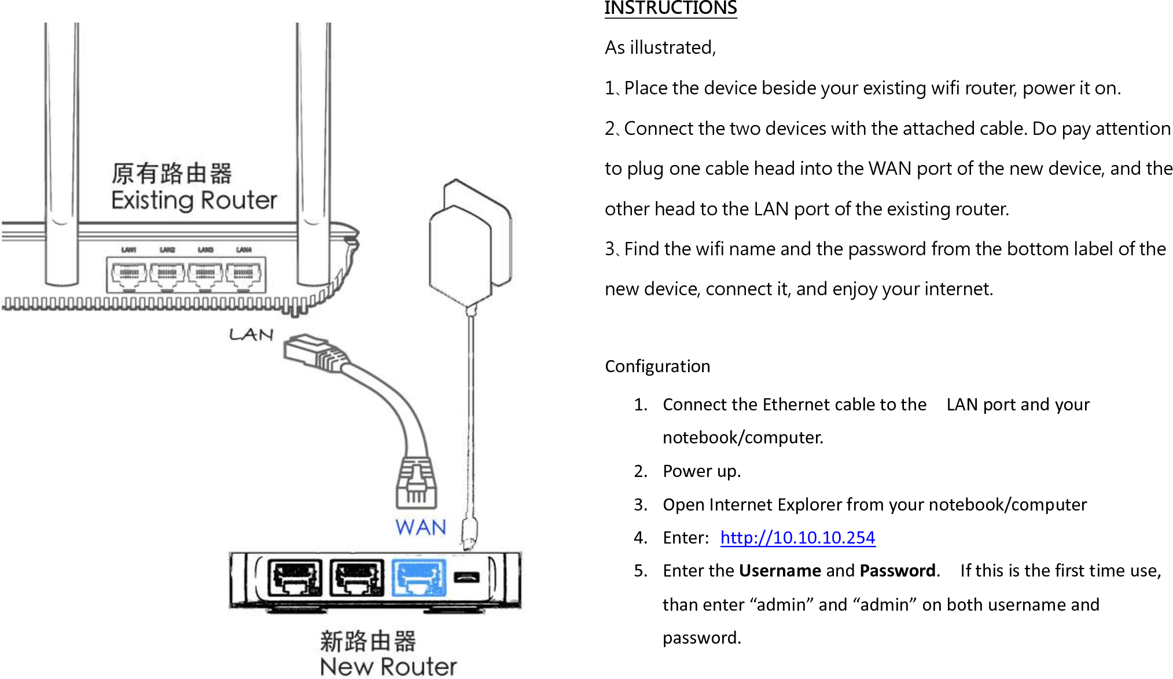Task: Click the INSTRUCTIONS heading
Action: pyautogui.click(x=670, y=9)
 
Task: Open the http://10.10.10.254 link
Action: pyautogui.click(x=797, y=537)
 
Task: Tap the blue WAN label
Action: pyautogui.click(x=421, y=527)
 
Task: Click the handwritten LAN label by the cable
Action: pyautogui.click(x=251, y=335)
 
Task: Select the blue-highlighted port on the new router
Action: pyautogui.click(x=419, y=577)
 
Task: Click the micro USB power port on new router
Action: pyautogui.click(x=466, y=577)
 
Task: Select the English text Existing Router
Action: pyautogui.click(x=194, y=200)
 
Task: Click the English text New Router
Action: pyautogui.click(x=388, y=666)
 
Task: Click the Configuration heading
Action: pyautogui.click(x=657, y=366)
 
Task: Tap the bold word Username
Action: pyautogui.click(x=779, y=571)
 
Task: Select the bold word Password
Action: pyautogui.click(x=897, y=571)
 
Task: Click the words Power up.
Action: pyautogui.click(x=701, y=471)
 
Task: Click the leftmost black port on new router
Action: pyautogui.click(x=295, y=577)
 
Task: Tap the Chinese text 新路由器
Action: pyautogui.click(x=368, y=641)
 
